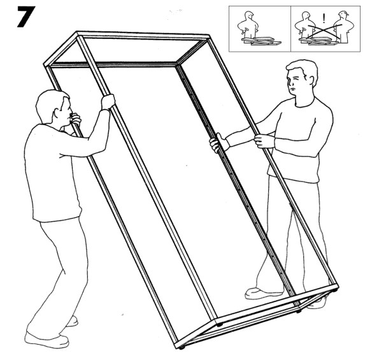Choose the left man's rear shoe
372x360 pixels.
[x=71, y=320]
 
